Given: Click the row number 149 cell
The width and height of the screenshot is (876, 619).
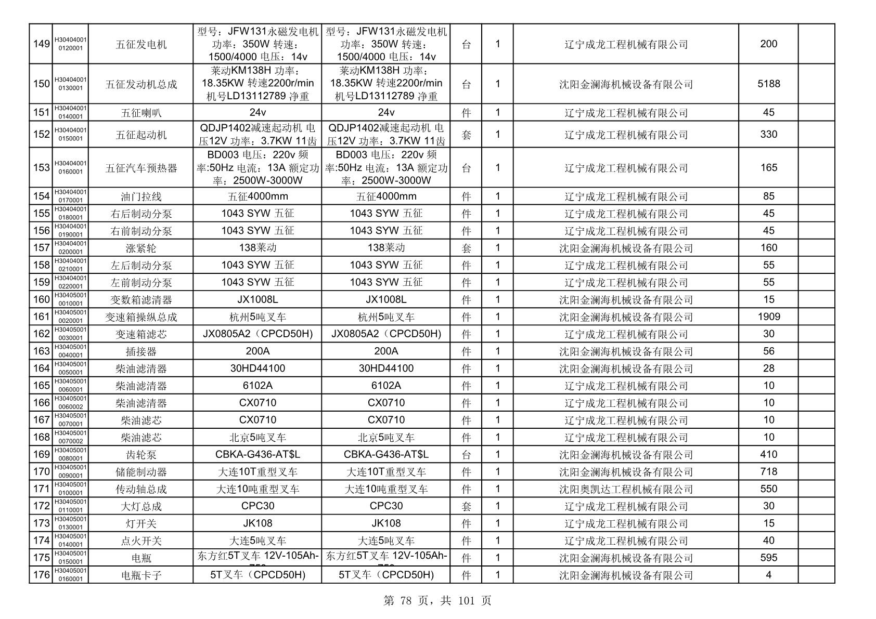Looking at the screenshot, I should coord(41,44).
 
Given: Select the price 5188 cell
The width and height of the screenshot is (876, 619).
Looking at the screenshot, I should coord(768,84).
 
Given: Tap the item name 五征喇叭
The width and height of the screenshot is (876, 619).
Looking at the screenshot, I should coord(141,113).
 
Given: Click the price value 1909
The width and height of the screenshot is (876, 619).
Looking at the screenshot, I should coord(768,317).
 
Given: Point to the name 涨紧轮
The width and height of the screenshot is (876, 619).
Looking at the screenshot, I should coord(141,248).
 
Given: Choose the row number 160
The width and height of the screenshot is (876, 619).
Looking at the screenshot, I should coord(41,299).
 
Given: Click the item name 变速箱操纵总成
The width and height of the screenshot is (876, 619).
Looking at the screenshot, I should coord(141,317).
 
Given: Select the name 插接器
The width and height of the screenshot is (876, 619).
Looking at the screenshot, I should coord(141,351).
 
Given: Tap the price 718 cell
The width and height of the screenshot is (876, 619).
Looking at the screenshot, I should coord(768,471).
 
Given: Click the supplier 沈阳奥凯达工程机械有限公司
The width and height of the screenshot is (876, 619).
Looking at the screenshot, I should coord(626,489).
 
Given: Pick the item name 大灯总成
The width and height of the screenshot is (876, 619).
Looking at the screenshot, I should coord(141,506).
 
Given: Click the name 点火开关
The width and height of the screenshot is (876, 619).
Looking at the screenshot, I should coord(141,541).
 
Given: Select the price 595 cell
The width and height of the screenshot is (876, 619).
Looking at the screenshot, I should coord(768,558).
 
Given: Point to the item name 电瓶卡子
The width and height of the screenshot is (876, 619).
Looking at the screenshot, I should coord(141,575).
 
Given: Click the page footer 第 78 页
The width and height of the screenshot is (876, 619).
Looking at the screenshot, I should coord(406,601).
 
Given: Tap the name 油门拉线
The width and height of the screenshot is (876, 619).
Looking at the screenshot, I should coord(141,196).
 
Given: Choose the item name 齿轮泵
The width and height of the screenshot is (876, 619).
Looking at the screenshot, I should coord(141,455).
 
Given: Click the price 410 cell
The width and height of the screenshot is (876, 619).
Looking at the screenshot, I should coord(768,454).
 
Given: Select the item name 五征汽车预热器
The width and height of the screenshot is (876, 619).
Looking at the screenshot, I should coord(141,168).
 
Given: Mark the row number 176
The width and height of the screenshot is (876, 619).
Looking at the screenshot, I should coord(41,575).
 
